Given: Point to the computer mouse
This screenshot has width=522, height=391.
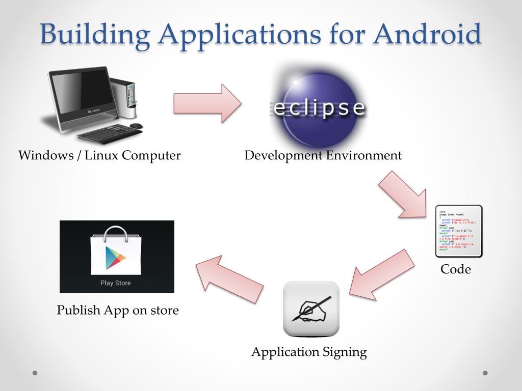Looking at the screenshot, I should coord(136,126).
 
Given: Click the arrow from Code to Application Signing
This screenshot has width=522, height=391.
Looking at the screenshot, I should coord(382,274).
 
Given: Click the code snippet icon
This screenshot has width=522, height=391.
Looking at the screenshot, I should coord(458,231).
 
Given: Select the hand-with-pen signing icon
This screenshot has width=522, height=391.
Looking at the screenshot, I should coord(311,309).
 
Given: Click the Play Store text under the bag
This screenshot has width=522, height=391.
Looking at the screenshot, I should coord(116,283).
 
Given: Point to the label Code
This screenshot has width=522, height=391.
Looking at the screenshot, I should coord(456,269).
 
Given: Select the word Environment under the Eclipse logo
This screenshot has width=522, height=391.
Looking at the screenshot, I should coord(364,155).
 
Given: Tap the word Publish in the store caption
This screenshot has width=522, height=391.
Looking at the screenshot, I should coord(76,311).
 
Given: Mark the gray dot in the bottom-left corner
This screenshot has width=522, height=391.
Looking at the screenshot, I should coord(35,373).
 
